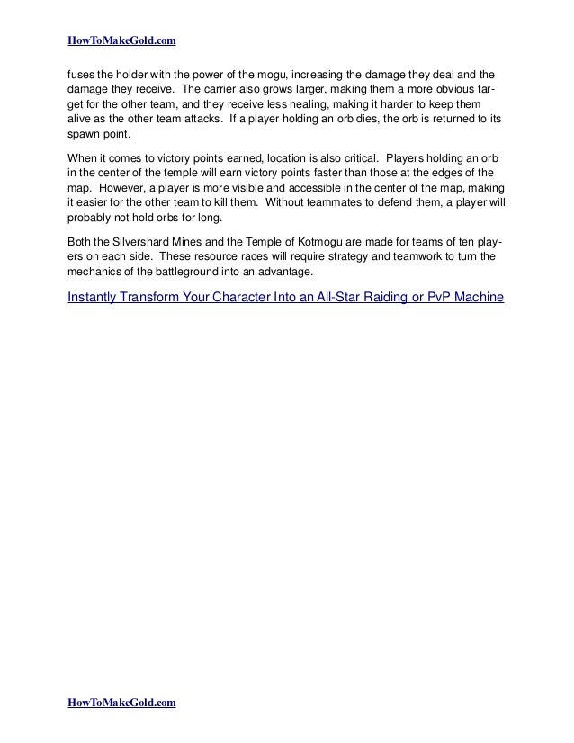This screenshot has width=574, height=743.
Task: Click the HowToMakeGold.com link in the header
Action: pyautogui.click(x=121, y=40)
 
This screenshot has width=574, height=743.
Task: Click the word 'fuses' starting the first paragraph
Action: pyautogui.click(x=82, y=72)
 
